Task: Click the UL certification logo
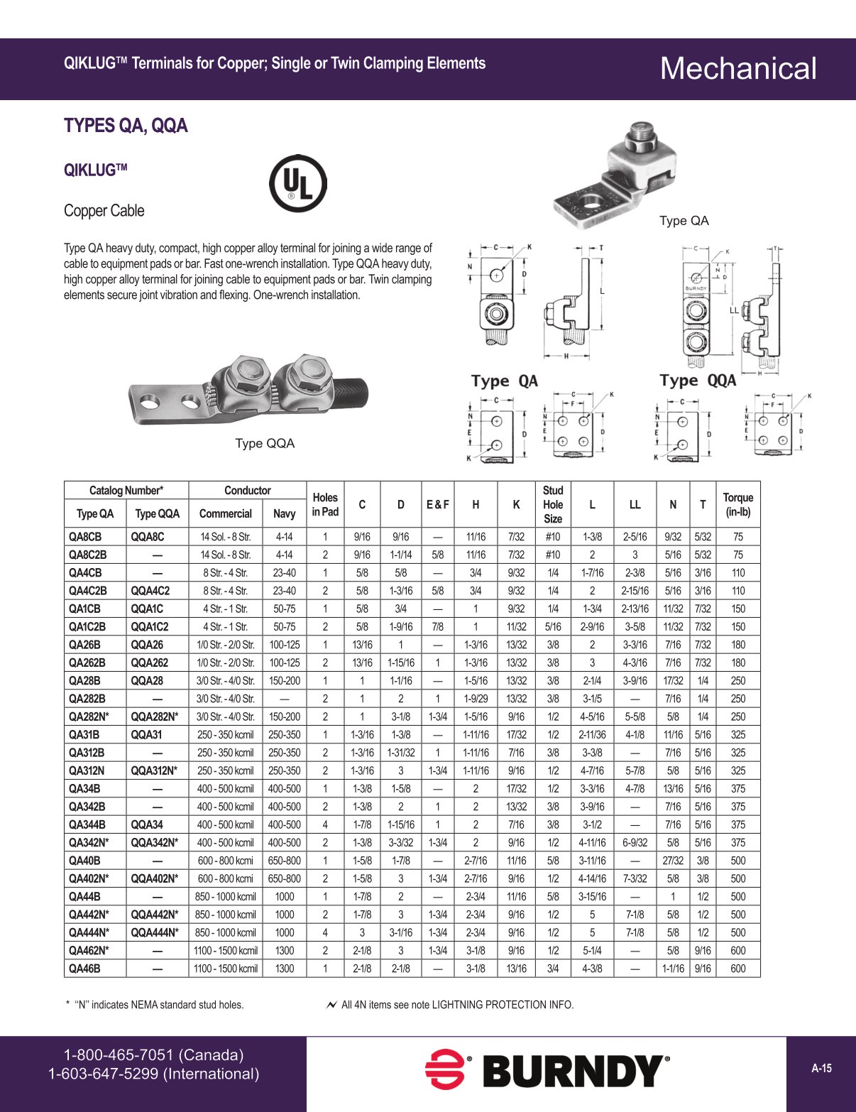(297, 183)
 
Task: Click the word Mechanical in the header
(738, 69)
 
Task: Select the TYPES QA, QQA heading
(126, 126)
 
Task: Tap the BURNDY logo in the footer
(547, 1071)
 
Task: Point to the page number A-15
(821, 1067)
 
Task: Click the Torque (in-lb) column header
(737, 505)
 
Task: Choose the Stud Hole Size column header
(552, 505)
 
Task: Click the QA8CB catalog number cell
(85, 537)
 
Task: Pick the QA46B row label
(84, 969)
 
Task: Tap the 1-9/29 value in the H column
(476, 699)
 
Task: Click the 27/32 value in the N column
(672, 861)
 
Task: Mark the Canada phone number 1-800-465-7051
(153, 1054)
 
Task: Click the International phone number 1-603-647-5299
(153, 1074)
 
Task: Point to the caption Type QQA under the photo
(265, 443)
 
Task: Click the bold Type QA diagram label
(504, 381)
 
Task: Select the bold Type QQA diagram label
(698, 381)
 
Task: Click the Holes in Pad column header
(325, 505)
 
